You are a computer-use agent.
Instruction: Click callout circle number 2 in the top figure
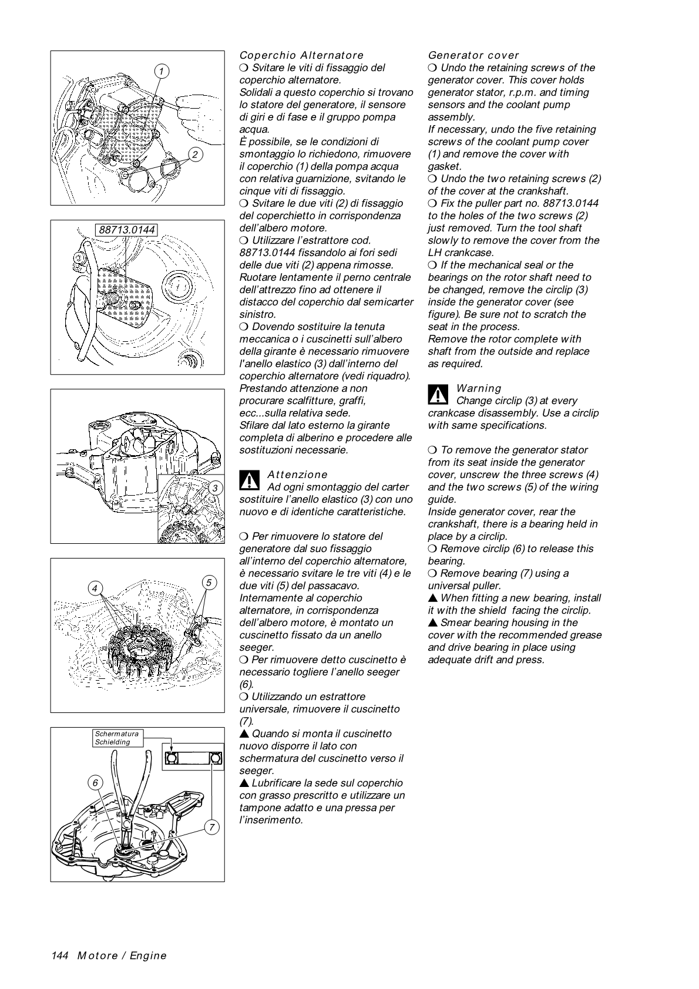click(194, 154)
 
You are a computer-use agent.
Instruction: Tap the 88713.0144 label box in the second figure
click(127, 230)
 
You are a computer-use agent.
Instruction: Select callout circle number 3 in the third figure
click(215, 488)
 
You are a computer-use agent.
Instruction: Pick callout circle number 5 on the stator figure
click(209, 583)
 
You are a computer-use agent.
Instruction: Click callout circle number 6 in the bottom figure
click(97, 783)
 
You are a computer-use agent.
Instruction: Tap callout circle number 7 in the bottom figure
click(211, 827)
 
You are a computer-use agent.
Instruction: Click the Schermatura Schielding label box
click(117, 738)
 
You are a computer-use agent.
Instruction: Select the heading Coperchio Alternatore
click(301, 55)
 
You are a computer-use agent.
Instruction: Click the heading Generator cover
click(473, 55)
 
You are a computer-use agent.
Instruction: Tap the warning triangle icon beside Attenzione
click(249, 480)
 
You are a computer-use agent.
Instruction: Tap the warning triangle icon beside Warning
click(438, 394)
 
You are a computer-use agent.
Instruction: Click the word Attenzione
click(297, 475)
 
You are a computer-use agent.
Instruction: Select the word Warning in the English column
click(479, 388)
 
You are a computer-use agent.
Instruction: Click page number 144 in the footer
click(61, 956)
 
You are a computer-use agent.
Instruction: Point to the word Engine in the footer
click(148, 956)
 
